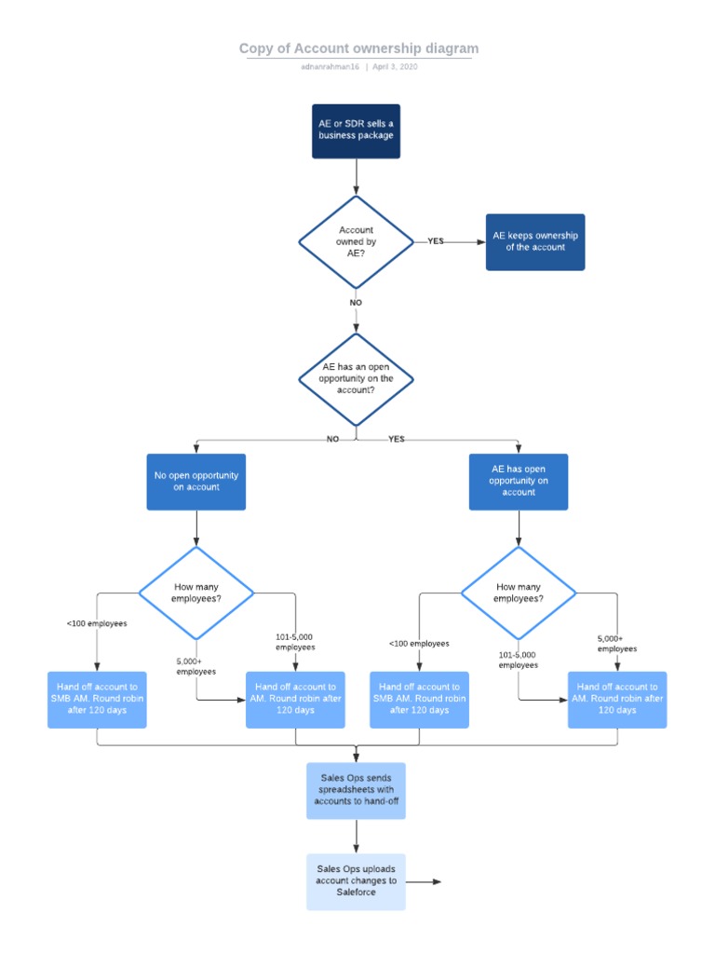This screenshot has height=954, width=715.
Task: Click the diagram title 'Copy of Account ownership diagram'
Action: point(358,48)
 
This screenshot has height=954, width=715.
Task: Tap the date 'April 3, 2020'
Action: point(395,68)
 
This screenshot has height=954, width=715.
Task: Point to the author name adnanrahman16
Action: point(331,68)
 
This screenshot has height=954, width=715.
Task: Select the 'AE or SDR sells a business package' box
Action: point(356,130)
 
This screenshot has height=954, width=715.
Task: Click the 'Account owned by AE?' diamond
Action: point(356,242)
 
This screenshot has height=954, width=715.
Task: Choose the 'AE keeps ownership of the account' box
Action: point(535,242)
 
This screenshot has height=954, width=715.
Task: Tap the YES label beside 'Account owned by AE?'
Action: point(436,241)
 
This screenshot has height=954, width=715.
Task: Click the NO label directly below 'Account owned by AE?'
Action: point(356,303)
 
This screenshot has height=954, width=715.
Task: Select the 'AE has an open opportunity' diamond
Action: point(356,379)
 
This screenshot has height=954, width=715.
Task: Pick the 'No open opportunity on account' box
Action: point(196,482)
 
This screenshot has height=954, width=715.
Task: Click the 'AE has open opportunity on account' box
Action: point(519,482)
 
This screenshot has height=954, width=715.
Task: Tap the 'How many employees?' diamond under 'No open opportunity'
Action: point(196,593)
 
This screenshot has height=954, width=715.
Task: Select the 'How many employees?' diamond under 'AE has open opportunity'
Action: point(519,593)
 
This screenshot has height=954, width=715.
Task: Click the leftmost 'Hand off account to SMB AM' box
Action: point(98,699)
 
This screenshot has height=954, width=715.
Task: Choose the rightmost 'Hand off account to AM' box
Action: point(617,699)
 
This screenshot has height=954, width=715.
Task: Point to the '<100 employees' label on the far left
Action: point(97,623)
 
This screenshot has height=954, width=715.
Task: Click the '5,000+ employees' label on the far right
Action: point(617,644)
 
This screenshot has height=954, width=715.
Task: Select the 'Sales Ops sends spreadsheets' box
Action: point(356,790)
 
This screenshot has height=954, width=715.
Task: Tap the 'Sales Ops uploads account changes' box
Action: point(356,881)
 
